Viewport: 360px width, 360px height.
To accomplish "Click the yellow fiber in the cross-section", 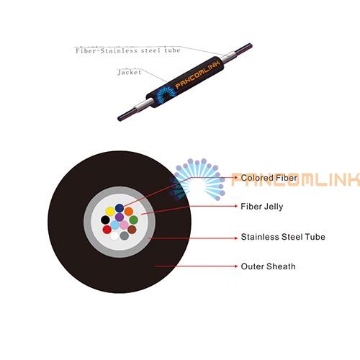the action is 110,212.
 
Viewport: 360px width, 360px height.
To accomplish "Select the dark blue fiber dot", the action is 120,208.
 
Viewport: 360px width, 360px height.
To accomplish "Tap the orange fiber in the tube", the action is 129,212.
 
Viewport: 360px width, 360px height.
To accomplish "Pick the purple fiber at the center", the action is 120,217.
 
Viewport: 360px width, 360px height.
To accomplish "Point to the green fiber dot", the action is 133,220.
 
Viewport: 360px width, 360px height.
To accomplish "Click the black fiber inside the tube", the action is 105,220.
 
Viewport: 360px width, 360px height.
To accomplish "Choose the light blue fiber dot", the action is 114,225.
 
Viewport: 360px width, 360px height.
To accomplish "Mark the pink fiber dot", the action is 124,225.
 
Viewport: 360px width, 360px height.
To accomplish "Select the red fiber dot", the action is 107,230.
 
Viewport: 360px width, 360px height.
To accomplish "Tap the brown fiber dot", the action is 132,230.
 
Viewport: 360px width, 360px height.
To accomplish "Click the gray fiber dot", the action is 125,235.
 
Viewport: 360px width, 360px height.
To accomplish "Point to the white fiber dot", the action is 114,236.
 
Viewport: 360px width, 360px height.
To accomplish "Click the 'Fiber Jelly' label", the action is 262,207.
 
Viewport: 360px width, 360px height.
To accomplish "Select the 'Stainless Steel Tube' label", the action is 283,237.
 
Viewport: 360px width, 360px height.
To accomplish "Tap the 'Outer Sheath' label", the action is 268,266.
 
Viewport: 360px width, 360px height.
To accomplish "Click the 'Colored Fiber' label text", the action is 269,178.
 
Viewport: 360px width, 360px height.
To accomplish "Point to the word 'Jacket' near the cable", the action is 130,72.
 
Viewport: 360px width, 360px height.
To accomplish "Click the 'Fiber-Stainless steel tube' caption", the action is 128,50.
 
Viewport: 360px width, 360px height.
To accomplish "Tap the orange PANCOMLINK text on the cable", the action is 197,75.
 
